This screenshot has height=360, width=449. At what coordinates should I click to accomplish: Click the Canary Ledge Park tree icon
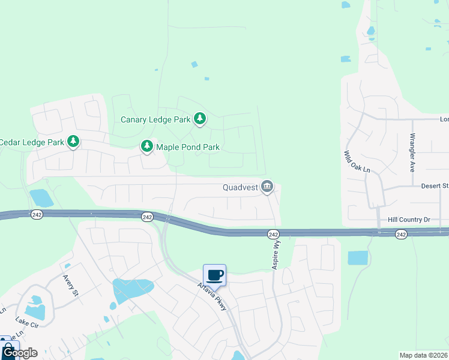tap(200, 119)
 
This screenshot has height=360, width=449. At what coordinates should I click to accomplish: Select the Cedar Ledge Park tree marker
tap(73, 142)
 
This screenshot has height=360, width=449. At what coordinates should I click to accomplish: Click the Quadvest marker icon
tap(267, 187)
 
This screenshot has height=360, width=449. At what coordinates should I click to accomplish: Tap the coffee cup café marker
tap(214, 275)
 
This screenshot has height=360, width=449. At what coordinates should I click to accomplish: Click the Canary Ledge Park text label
tap(155, 119)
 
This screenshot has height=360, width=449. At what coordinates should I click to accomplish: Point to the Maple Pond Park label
tap(188, 146)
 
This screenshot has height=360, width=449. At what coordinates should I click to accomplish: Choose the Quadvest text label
tap(240, 187)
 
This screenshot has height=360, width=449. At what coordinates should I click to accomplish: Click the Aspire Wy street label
tap(277, 255)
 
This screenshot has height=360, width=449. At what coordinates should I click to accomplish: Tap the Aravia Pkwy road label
tap(213, 296)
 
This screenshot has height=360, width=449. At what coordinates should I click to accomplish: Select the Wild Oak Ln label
tap(357, 162)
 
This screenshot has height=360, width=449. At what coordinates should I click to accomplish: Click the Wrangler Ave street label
tap(412, 154)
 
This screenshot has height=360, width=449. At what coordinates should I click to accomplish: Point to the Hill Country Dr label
tap(409, 220)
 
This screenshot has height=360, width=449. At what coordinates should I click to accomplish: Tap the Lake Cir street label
tap(26, 323)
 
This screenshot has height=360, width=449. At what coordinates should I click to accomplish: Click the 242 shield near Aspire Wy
tap(273, 234)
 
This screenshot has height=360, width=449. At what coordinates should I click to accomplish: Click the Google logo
tap(20, 353)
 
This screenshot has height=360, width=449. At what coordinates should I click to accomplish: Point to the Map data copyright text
tap(424, 355)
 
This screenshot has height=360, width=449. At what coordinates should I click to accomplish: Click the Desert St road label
tap(435, 186)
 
